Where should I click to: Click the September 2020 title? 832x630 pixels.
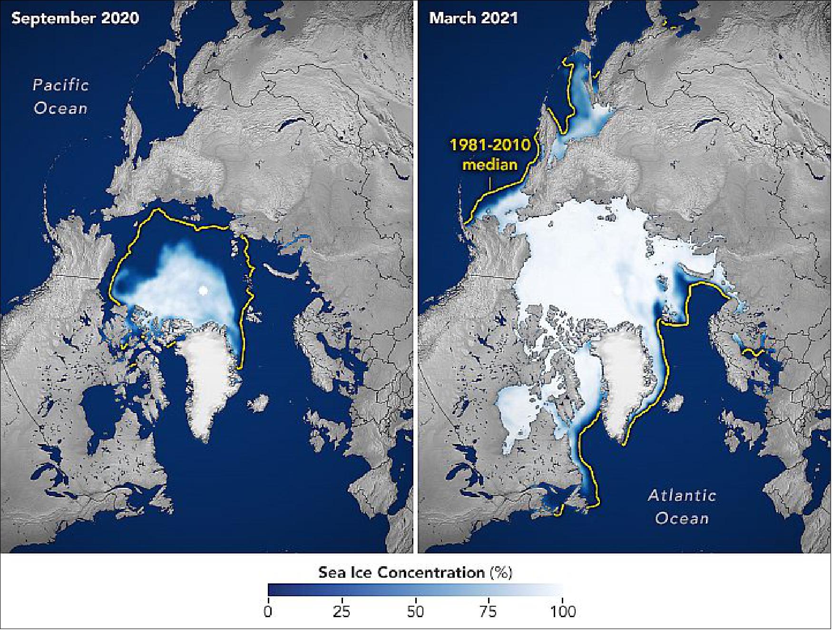click(75, 19)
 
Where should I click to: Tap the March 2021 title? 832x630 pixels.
click(473, 19)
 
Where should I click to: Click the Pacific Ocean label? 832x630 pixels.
click(60, 97)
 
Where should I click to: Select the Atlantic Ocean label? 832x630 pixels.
click(682, 506)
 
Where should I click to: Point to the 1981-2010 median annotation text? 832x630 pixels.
click(490, 155)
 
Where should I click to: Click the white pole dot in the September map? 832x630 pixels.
click(204, 290)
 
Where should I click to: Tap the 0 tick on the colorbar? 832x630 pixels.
click(268, 611)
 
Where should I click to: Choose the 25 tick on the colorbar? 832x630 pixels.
click(342, 611)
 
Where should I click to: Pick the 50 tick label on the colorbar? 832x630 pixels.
click(415, 611)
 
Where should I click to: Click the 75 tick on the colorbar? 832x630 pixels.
click(489, 611)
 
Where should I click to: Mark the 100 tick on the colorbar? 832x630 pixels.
click(562, 611)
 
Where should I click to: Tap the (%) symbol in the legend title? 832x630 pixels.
click(501, 572)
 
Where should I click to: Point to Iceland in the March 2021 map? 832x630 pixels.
click(676, 404)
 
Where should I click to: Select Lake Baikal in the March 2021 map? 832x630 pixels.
click(708, 125)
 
